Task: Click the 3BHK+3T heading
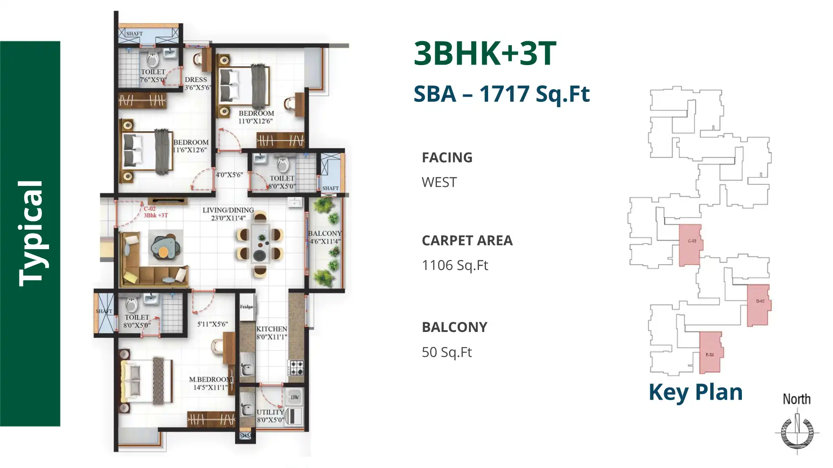coord(485,54)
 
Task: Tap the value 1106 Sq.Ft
coord(455,265)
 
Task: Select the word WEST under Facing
coord(439,182)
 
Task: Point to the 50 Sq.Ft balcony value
coord(446,352)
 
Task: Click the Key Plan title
coord(695,392)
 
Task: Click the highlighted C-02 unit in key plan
coord(690,245)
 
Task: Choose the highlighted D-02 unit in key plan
coord(759,305)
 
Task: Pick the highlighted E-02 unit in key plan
coord(711,352)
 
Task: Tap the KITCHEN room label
coord(271,329)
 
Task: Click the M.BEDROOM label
coord(210,380)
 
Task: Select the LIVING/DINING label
coord(228,211)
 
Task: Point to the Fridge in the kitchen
coord(247,307)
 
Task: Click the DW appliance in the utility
coord(295,397)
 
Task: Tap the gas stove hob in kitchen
coord(297,367)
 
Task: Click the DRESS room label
coord(196,80)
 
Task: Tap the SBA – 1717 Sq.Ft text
coord(501,94)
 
